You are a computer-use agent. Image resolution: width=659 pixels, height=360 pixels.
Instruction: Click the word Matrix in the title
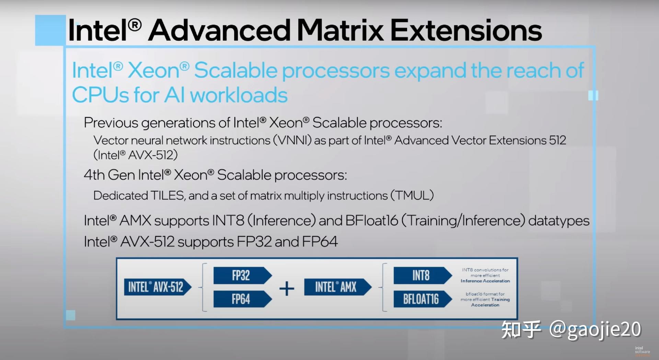click(340, 30)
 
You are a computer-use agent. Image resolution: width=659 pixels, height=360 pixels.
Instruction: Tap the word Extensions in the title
click(466, 30)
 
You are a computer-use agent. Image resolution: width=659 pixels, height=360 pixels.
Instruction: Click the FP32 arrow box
click(241, 276)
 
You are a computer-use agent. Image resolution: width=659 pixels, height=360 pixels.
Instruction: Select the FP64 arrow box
click(241, 299)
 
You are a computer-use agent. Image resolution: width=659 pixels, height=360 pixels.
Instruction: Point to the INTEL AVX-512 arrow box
click(157, 287)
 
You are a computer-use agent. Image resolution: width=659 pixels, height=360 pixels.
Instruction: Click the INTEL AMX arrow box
click(336, 287)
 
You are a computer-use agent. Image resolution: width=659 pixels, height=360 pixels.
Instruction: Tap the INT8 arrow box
click(421, 276)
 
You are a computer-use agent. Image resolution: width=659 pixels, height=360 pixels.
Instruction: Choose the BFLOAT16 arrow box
click(421, 299)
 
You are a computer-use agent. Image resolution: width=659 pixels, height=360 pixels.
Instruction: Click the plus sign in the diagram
click(287, 288)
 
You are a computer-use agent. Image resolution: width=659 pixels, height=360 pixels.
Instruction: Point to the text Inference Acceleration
click(485, 281)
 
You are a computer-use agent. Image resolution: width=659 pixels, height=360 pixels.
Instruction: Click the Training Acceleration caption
click(485, 302)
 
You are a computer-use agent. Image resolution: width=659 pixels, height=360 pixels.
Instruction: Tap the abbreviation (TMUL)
click(412, 196)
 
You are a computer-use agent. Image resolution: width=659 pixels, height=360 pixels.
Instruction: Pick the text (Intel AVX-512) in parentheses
click(136, 155)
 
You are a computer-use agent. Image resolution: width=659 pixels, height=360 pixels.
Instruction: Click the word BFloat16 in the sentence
click(371, 221)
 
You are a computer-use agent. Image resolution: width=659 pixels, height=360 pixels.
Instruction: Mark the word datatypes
click(558, 221)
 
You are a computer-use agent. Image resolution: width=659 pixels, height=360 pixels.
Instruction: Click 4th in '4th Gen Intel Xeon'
click(94, 175)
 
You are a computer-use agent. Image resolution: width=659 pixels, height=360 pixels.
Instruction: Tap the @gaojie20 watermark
click(595, 329)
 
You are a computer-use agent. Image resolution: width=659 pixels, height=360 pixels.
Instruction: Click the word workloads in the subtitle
click(239, 95)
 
